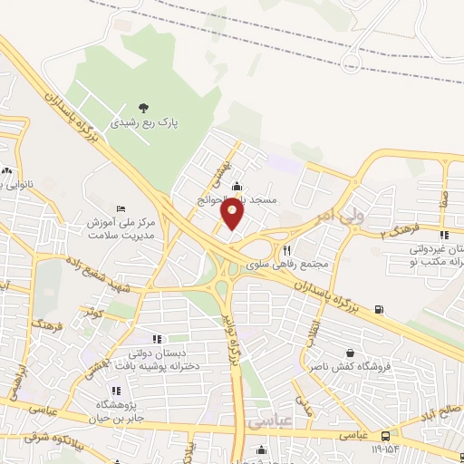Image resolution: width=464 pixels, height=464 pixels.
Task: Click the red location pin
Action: coord(233,214)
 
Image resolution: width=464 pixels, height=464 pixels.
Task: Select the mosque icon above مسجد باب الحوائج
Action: coord(237,186)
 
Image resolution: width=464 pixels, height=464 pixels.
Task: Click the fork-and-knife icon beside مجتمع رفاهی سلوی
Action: coord(286,251)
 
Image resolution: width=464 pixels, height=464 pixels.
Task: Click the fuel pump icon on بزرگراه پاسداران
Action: coord(378,310)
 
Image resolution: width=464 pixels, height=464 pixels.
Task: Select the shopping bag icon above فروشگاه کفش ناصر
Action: coord(350,353)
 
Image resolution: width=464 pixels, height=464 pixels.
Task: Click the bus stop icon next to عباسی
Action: coord(386,436)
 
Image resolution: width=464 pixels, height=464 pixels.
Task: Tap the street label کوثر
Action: coord(93,313)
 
